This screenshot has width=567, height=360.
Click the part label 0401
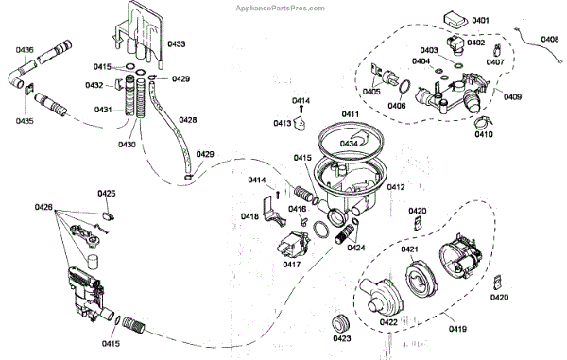coord(480,20)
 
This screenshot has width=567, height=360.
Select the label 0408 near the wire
coord(550,39)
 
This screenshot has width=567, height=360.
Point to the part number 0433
coord(176,43)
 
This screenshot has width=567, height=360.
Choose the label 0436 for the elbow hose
coord(25,49)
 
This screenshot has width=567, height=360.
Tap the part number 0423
coord(342,338)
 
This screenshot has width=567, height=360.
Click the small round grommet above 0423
coord(340,323)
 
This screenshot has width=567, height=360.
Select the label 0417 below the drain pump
coord(291,265)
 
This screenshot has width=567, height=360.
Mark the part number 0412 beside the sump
coord(396,187)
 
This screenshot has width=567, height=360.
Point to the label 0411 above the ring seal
coord(350,114)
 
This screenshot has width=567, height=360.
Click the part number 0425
coord(107,194)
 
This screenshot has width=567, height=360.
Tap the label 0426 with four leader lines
coord(43,207)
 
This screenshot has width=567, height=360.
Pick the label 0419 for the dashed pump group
coord(457,329)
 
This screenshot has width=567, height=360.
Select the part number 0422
coord(388,322)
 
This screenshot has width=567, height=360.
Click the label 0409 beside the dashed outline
coord(512,97)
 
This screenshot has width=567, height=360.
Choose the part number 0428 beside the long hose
coord(188,120)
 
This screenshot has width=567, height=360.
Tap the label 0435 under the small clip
coord(25,120)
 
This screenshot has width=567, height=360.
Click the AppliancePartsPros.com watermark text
coord(281,8)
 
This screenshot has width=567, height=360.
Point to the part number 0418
coord(249,216)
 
